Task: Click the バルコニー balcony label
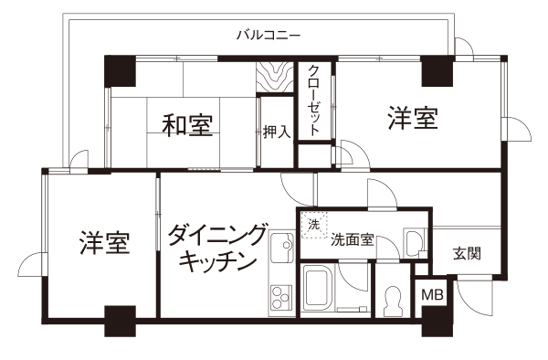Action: [x=269, y=36]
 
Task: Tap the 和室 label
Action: [x=187, y=125]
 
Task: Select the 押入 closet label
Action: [x=277, y=132]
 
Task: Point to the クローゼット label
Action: [x=314, y=101]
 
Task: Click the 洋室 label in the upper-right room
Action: [x=413, y=118]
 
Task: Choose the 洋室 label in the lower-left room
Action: [x=104, y=242]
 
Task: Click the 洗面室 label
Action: [x=353, y=240]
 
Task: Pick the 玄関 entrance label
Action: [x=467, y=253]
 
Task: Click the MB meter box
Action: [x=432, y=295]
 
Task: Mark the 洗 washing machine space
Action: [x=314, y=225]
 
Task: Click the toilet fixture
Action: [x=393, y=302]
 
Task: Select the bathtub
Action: [x=317, y=287]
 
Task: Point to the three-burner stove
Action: [x=281, y=298]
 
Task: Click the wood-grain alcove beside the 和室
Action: [x=275, y=78]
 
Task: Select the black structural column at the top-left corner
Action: [x=120, y=70]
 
